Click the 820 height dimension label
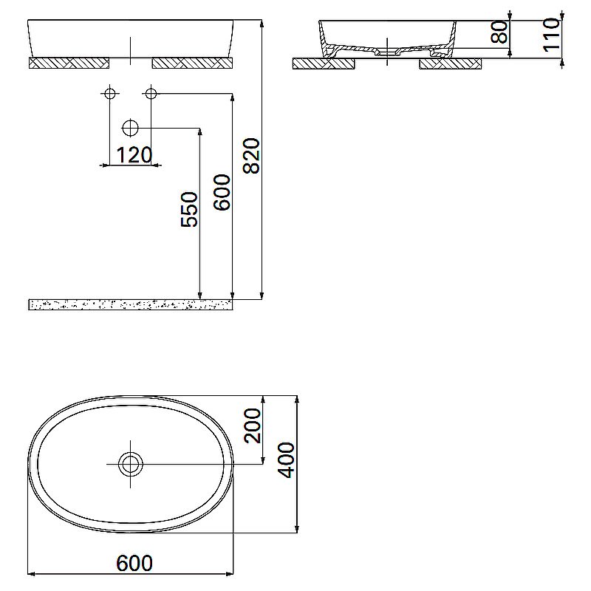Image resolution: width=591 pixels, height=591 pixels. pyautogui.click(x=252, y=155)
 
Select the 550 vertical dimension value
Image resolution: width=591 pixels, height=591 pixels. pyautogui.click(x=189, y=209)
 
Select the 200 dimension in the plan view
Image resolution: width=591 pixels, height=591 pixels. pyautogui.click(x=253, y=425)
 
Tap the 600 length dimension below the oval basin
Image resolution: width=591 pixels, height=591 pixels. pyautogui.click(x=134, y=563)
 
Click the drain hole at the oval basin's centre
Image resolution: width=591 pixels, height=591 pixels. pyautogui.click(x=131, y=464)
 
